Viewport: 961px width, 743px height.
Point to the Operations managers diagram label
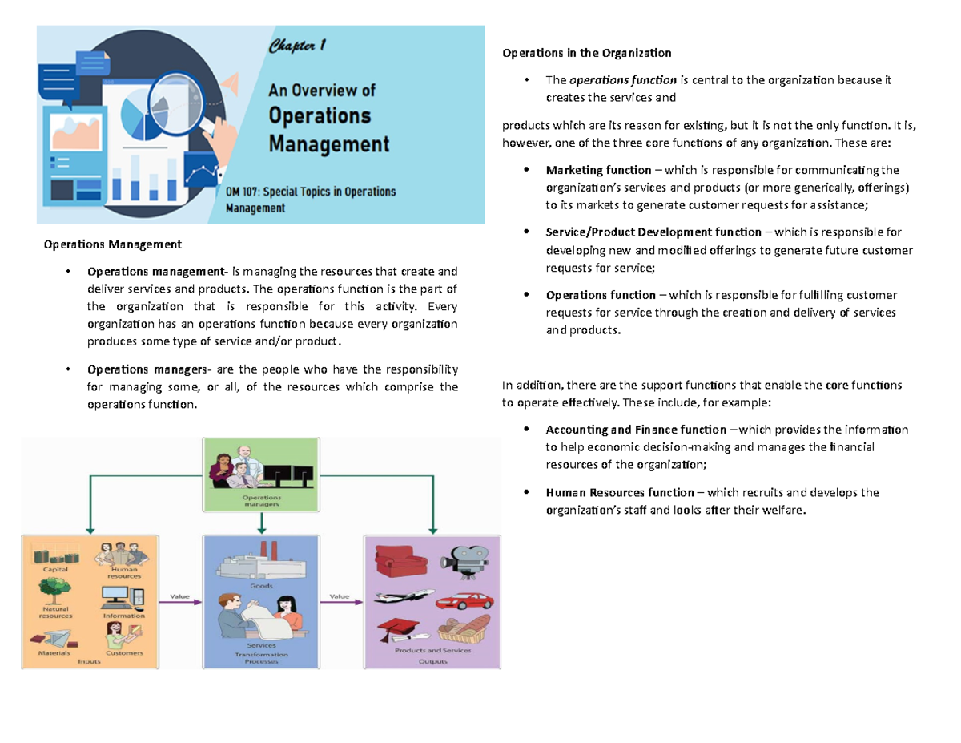click(x=262, y=501)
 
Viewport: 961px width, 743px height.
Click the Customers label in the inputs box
click(x=125, y=653)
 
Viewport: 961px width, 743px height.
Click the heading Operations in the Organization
click(x=586, y=54)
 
